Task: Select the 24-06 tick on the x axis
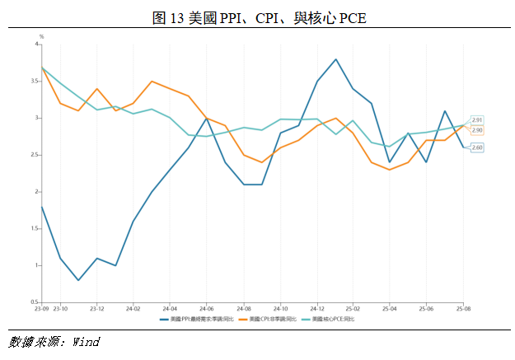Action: [206, 311]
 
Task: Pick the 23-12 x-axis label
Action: [96, 311]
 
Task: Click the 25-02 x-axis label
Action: [353, 311]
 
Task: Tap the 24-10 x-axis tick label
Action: [279, 311]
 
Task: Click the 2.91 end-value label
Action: [477, 120]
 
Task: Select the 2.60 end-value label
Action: [477, 147]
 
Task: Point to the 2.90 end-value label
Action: [477, 130]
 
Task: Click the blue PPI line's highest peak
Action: [335, 59]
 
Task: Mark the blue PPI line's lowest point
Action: [78, 280]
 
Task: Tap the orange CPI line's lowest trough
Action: [389, 170]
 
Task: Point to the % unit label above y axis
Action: [41, 37]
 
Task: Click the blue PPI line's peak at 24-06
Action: [206, 119]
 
